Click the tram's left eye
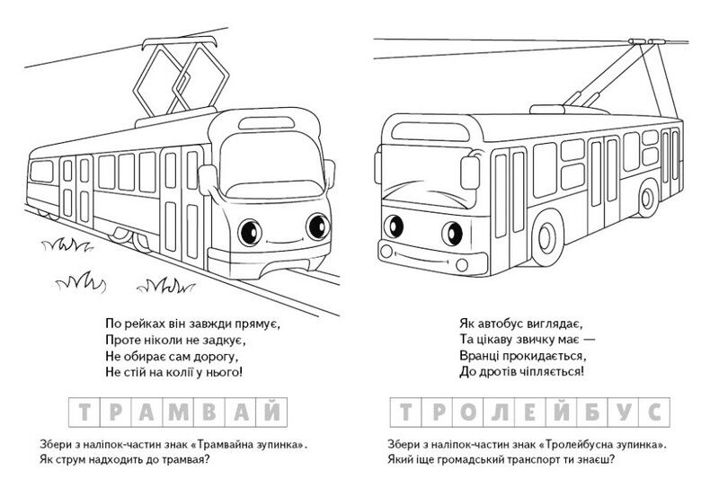pos(248,231)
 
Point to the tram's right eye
pos(315,227)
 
